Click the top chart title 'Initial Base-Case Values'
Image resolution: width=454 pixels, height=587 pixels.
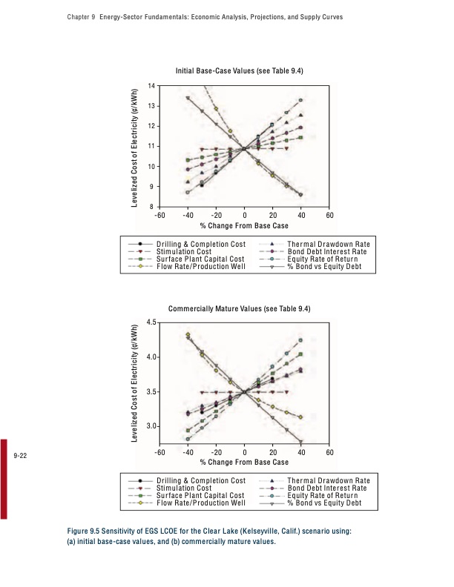(239, 70)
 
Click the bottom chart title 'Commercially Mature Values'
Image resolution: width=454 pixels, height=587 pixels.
(239, 308)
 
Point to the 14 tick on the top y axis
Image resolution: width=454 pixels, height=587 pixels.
(151, 86)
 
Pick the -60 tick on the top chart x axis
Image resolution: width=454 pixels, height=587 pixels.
(159, 215)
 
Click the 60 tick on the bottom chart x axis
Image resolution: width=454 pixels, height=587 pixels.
(330, 452)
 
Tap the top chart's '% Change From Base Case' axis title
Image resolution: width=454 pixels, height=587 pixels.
(244, 225)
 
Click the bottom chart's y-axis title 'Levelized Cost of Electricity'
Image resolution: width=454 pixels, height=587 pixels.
(136, 383)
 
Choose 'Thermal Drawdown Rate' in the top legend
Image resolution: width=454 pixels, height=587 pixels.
(328, 244)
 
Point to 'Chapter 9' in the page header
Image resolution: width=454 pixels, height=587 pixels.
(71, 16)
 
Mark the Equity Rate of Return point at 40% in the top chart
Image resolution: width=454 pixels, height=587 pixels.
(301, 100)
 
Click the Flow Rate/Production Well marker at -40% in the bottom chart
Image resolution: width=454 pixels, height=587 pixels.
(188, 335)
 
